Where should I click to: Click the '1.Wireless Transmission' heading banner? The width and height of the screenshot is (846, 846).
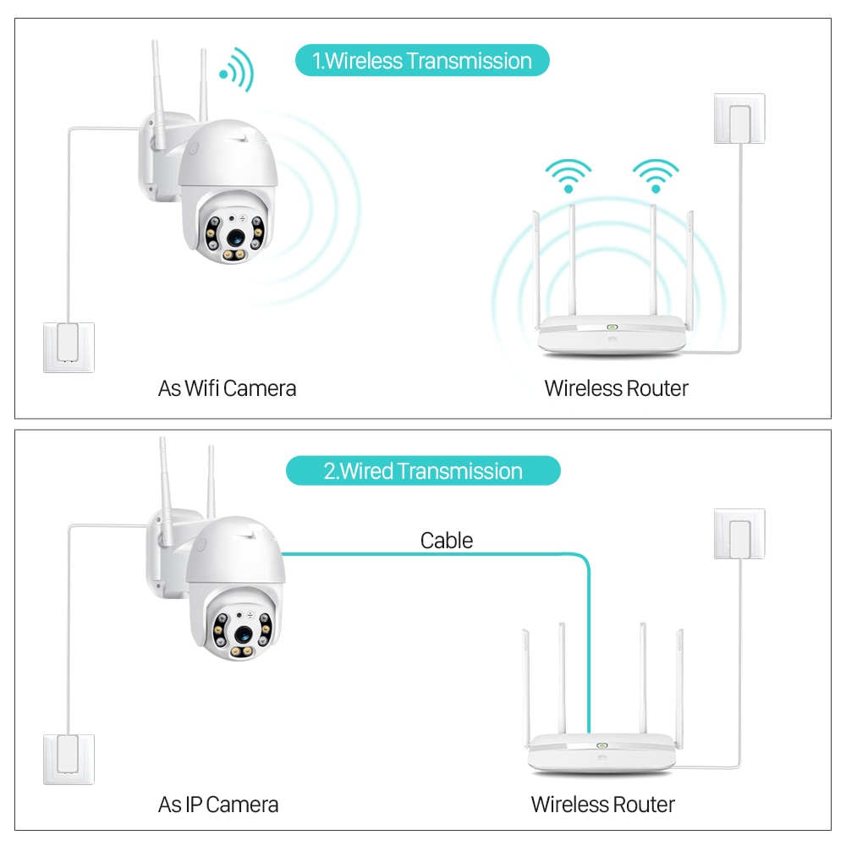[x=422, y=61]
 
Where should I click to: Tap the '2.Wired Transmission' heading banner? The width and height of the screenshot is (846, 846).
[x=423, y=471]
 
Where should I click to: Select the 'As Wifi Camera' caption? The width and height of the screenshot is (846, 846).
[x=227, y=388]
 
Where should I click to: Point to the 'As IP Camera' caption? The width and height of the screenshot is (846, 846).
[x=218, y=804]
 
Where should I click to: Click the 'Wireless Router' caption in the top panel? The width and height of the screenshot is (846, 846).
[x=616, y=388]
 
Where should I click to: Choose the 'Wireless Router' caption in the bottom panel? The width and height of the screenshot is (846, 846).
[x=602, y=804]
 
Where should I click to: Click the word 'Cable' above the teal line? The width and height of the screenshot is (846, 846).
[x=447, y=541]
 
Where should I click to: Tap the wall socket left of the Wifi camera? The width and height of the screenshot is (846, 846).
[x=69, y=347]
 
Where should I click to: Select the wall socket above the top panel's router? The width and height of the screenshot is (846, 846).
[x=739, y=118]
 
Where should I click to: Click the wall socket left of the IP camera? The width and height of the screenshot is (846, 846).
[x=69, y=760]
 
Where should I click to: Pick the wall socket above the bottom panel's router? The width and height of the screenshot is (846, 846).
[x=739, y=534]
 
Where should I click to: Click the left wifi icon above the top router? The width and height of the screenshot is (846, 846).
[x=569, y=175]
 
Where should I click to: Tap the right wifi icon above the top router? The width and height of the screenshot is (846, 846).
[x=656, y=175]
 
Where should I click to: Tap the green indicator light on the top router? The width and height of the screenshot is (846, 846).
[x=609, y=328]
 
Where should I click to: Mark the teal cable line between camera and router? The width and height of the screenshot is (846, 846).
[x=431, y=554]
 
